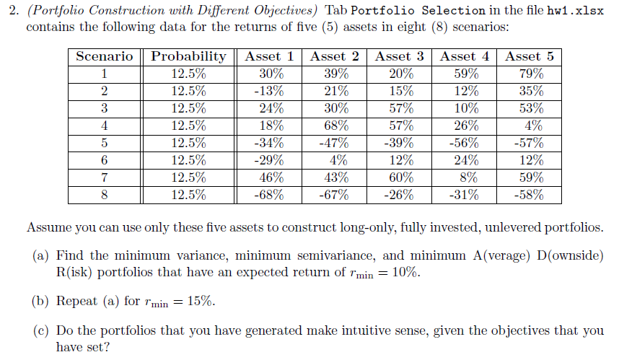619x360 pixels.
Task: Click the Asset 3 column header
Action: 400,56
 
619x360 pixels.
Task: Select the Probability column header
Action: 188,56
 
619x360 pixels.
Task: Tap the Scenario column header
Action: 105,56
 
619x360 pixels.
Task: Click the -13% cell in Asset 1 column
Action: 270,91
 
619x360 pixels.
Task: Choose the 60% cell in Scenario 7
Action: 400,177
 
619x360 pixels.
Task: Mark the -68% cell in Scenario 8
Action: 270,195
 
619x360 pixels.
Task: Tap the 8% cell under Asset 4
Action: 465,177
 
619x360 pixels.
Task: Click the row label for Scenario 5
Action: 105,143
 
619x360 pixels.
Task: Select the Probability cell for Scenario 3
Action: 188,108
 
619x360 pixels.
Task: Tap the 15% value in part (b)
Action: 199,302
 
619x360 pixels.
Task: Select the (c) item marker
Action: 41,331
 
